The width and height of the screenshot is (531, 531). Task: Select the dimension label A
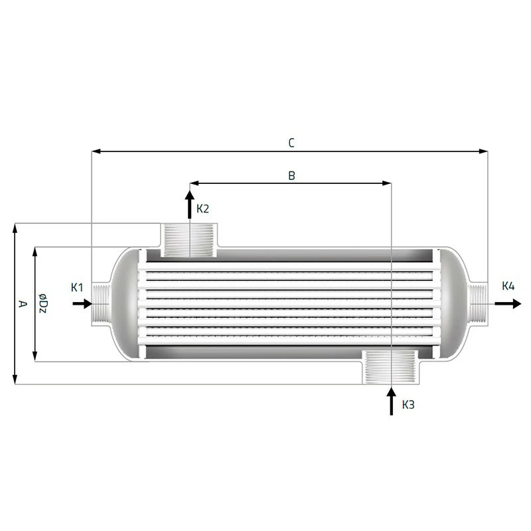pyautogui.click(x=22, y=304)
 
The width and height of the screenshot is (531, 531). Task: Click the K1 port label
pyautogui.click(x=77, y=287)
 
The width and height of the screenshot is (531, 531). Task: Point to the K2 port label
pyautogui.click(x=203, y=208)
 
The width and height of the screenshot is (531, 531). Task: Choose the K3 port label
pyautogui.click(x=408, y=404)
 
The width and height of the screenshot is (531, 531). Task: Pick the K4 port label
pyautogui.click(x=508, y=287)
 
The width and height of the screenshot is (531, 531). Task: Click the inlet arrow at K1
pyautogui.click(x=82, y=303)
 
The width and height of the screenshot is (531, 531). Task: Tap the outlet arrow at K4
pyautogui.click(x=508, y=303)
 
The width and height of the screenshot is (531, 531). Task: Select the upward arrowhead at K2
pyautogui.click(x=189, y=195)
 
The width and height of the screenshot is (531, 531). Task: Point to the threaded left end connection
pyautogui.click(x=100, y=304)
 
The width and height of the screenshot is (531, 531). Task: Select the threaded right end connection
pyautogui.click(x=479, y=304)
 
